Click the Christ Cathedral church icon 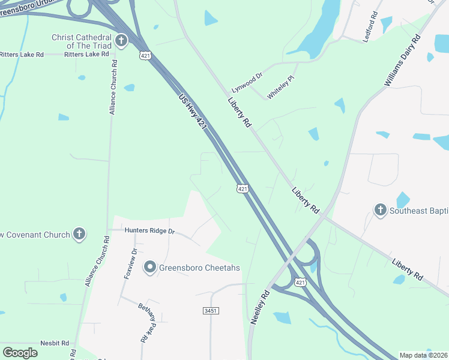tap(121, 41)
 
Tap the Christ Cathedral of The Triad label tap(82, 41)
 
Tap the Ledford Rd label tap(371, 27)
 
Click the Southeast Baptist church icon tap(379, 210)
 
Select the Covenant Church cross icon tap(79, 234)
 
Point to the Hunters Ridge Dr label tap(149, 230)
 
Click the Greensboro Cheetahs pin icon tap(149, 268)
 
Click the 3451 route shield tap(209, 311)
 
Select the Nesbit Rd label tap(56, 343)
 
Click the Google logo tap(20, 353)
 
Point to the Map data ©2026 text tap(423, 355)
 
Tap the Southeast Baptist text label tap(419, 211)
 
